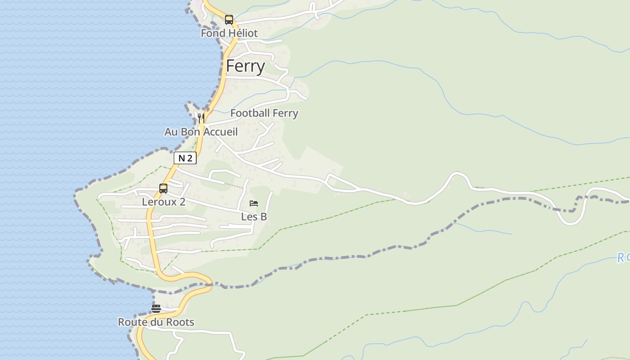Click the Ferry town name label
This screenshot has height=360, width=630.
(x=245, y=66)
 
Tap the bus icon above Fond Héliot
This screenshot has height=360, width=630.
(x=229, y=20)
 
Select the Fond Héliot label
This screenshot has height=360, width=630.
(x=229, y=33)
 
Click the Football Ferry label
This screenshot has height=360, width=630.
(x=264, y=113)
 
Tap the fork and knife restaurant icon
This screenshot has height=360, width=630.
(x=201, y=118)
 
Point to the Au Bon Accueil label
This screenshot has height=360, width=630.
(x=201, y=132)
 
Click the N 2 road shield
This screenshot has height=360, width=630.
(x=185, y=158)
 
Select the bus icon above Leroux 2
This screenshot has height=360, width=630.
(x=163, y=189)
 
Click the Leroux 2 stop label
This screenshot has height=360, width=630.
(x=163, y=202)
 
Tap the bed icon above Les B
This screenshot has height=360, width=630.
(x=254, y=203)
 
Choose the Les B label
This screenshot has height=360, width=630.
(x=254, y=217)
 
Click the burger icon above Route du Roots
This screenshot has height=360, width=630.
(x=156, y=309)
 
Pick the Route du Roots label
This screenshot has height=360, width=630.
(x=156, y=322)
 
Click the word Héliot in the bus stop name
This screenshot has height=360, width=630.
(x=243, y=33)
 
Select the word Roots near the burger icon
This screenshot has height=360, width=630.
(x=180, y=322)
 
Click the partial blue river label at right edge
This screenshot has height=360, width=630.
(x=623, y=258)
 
